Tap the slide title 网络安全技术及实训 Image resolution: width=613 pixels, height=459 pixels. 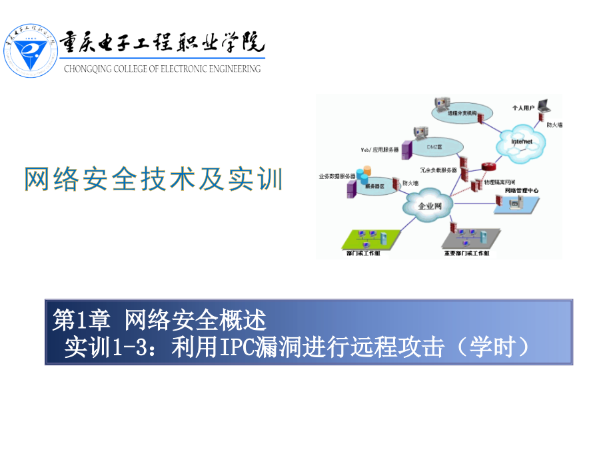pos(154,179)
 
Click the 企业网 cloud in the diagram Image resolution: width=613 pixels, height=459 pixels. pos(429,206)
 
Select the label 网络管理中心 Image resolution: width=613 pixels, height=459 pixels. pos(522,191)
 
